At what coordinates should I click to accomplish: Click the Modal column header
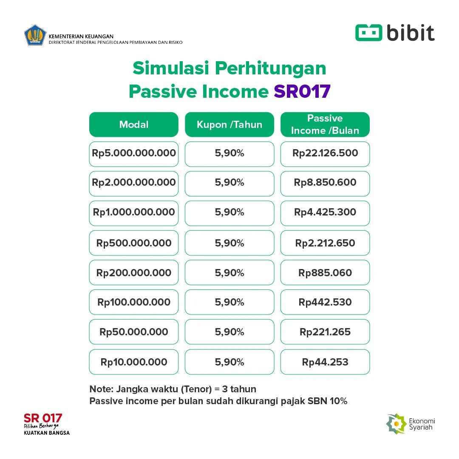[x=134, y=125]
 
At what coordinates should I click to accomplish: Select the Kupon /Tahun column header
[x=229, y=125]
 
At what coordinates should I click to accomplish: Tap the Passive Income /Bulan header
[x=325, y=125]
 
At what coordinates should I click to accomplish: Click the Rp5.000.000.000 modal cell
[x=134, y=153]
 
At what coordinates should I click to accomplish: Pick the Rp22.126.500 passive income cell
[x=325, y=153]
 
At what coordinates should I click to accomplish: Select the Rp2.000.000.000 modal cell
[x=134, y=183]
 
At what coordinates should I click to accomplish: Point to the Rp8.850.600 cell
[x=325, y=183]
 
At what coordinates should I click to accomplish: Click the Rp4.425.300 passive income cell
[x=325, y=212]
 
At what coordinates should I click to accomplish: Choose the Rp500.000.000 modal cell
[x=134, y=243]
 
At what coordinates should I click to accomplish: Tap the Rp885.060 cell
[x=325, y=273]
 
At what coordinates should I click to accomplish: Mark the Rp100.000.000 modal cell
[x=134, y=302]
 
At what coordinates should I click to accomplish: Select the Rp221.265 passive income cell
[x=325, y=332]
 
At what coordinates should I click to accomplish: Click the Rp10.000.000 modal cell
[x=134, y=362]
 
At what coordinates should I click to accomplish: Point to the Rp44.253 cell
[x=325, y=362]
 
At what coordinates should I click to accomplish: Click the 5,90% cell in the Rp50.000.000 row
[x=229, y=332]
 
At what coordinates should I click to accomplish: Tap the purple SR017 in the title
[x=302, y=91]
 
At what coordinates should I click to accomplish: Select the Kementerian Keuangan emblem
[x=35, y=36]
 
